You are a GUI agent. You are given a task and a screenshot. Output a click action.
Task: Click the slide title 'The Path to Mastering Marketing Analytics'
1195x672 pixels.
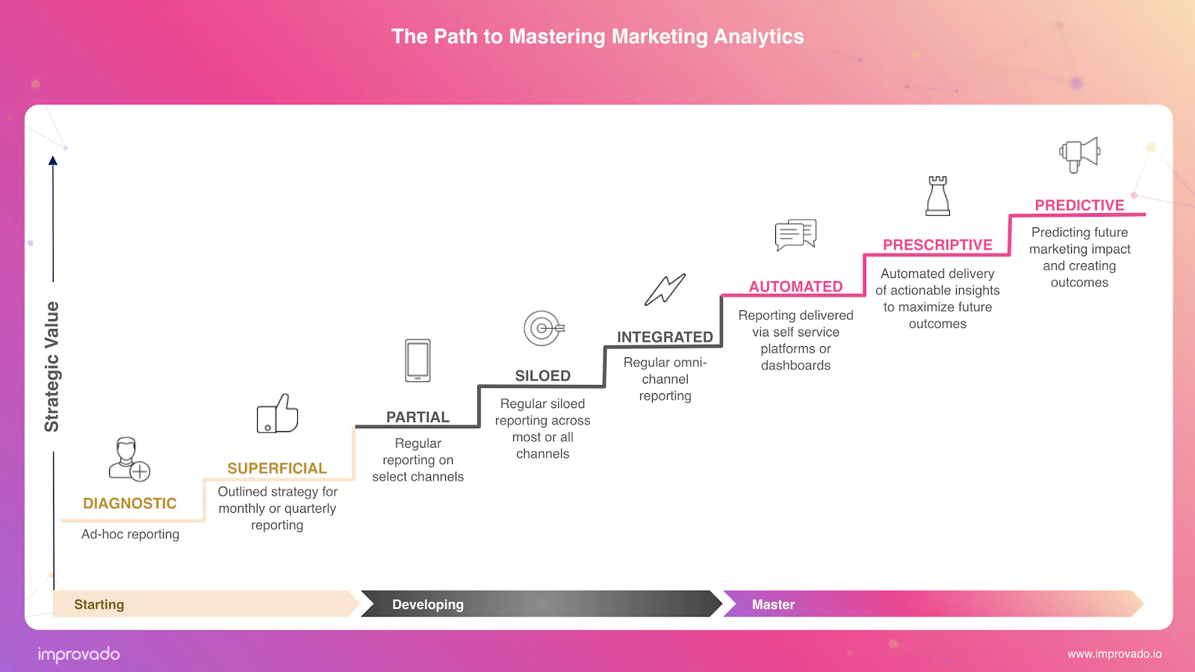click(x=597, y=37)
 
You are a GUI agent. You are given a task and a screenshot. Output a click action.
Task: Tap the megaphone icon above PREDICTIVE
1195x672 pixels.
click(x=1079, y=155)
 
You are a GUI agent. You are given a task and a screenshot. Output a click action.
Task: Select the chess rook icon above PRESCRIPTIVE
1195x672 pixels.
click(x=937, y=196)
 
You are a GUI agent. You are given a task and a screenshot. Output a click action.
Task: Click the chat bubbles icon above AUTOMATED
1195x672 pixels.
click(x=795, y=235)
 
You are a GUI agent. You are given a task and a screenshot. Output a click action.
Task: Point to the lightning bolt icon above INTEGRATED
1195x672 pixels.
click(x=665, y=290)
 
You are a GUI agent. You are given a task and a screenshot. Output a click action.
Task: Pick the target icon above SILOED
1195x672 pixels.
click(x=544, y=328)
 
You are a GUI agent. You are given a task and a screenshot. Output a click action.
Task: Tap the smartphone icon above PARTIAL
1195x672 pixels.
click(x=418, y=360)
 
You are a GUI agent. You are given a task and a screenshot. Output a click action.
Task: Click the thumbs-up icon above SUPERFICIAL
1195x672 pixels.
click(x=277, y=413)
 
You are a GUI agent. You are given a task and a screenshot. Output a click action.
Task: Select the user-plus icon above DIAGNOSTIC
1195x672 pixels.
click(x=129, y=459)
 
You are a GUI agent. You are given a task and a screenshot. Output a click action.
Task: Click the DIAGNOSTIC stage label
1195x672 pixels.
click(x=130, y=503)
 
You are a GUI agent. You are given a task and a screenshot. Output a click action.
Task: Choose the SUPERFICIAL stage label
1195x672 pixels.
click(x=277, y=468)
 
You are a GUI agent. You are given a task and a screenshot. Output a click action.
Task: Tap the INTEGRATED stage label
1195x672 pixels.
click(x=665, y=337)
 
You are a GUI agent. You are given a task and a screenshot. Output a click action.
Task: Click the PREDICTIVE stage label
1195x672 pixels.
click(x=1079, y=205)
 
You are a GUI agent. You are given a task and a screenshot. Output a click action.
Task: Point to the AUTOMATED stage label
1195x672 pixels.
click(x=795, y=286)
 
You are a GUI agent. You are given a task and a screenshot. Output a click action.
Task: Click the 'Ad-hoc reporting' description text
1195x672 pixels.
click(x=130, y=534)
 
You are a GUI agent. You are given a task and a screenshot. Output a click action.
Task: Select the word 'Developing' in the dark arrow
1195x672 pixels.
click(x=428, y=604)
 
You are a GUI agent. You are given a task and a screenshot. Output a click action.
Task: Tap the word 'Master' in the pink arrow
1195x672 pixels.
click(x=773, y=604)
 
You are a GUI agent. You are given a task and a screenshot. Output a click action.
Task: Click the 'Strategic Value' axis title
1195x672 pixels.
click(x=52, y=367)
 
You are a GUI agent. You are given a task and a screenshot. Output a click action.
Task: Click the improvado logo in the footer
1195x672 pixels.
click(x=79, y=654)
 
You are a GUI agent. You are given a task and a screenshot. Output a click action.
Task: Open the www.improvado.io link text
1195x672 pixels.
click(x=1114, y=654)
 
